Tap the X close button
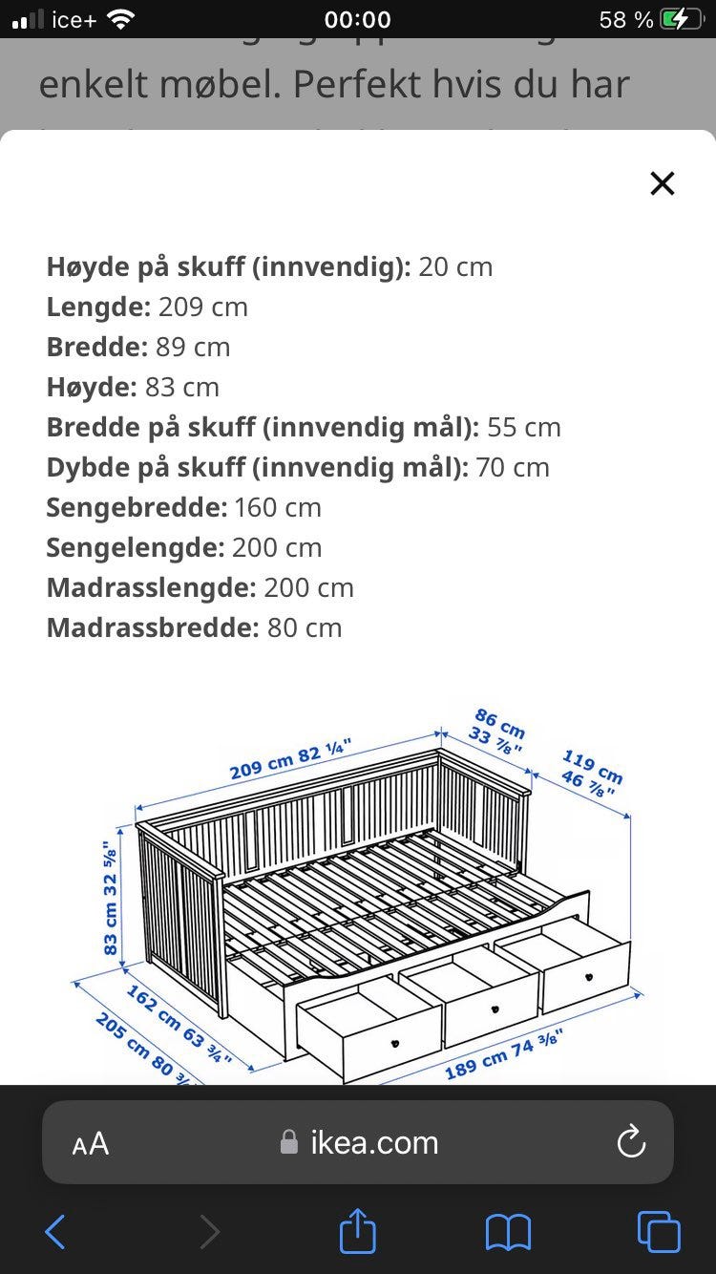pos(662,183)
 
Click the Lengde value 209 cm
pos(202,307)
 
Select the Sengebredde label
pos(137,507)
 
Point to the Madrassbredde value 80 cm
pos(304,627)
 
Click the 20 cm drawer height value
pos(455,266)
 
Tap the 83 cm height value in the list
pos(182,387)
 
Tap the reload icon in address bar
pos(631,1142)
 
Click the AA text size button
pos(91,1143)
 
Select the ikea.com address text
pos(373,1142)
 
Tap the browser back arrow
pos(55,1232)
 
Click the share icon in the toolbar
pos(358,1231)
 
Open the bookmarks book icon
pos(508,1232)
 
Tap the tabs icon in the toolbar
pos(659,1232)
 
